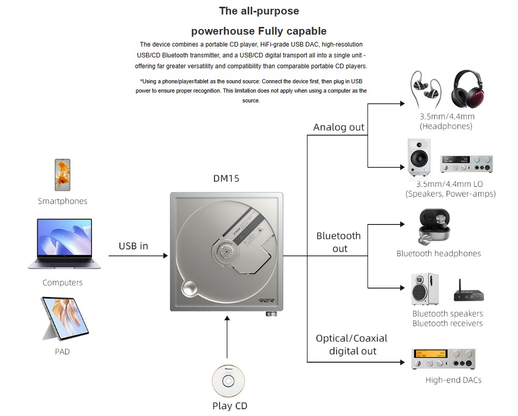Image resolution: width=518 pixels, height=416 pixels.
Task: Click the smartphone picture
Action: pos(63,175)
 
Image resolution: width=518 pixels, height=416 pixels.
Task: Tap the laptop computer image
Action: pos(65,244)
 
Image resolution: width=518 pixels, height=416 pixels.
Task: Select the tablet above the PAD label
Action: pos(64,318)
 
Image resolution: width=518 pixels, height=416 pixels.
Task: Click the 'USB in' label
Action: pos(133,246)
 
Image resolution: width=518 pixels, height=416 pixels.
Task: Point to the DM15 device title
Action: pos(226,179)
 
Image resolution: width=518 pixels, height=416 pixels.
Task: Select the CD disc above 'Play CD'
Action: pos(227,381)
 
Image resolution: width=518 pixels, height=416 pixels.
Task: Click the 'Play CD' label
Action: pos(230,406)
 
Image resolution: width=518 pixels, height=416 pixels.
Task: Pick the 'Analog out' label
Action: pos(339,127)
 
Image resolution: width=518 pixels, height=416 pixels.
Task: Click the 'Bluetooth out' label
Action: pos(339,242)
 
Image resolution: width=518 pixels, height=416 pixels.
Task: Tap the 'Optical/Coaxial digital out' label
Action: pos(352,345)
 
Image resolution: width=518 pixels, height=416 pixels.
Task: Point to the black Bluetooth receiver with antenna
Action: pos(468,292)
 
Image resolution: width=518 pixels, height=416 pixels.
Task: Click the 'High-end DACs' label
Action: pos(453,380)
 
